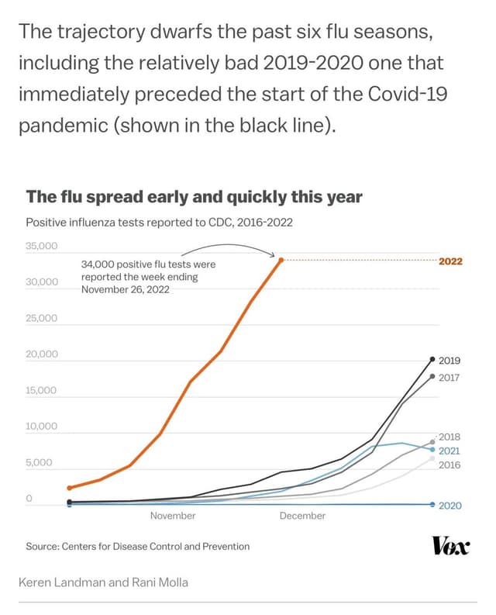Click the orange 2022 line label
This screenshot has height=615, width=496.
pyautogui.click(x=450, y=261)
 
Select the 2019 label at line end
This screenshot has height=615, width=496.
pyautogui.click(x=449, y=361)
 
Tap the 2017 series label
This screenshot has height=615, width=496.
pyautogui.click(x=449, y=378)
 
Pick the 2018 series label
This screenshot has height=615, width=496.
pyautogui.click(x=449, y=437)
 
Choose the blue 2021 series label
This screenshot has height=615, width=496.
pyautogui.click(x=449, y=451)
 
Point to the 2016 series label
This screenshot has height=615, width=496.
pyautogui.click(x=449, y=465)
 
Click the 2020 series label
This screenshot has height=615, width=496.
pyautogui.click(x=449, y=506)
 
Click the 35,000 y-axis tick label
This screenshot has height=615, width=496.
pyautogui.click(x=42, y=247)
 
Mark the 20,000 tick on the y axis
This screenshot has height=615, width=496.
pyautogui.click(x=42, y=354)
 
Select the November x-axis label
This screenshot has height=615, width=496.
pyautogui.click(x=172, y=516)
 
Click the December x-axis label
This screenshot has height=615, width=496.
pyautogui.click(x=302, y=516)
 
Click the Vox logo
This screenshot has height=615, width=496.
pyautogui.click(x=450, y=547)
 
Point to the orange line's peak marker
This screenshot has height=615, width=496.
pyautogui.click(x=281, y=260)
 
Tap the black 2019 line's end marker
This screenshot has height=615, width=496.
pyautogui.click(x=432, y=359)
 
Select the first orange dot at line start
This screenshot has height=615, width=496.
pyautogui.click(x=70, y=488)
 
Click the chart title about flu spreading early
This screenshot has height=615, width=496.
pyautogui.click(x=194, y=197)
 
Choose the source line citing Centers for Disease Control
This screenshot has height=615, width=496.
pyautogui.click(x=138, y=547)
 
